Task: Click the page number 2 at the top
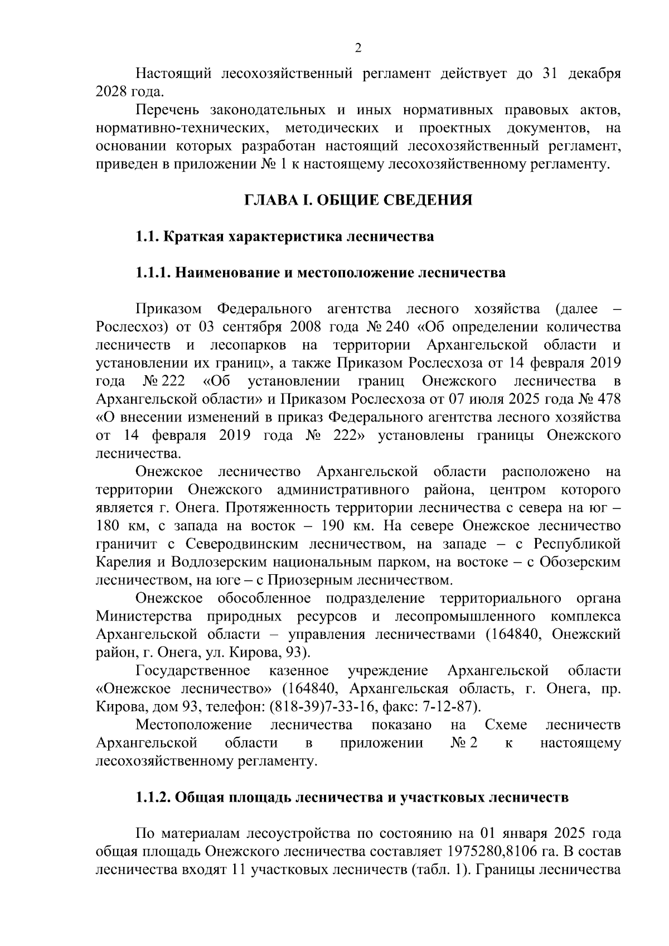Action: coord(358,48)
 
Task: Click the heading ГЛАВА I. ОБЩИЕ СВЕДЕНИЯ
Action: coord(358,200)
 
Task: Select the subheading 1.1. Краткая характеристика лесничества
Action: coord(285,236)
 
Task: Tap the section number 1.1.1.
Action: coord(153,273)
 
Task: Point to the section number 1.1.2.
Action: coord(153,797)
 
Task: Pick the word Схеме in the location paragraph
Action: coord(506,725)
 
